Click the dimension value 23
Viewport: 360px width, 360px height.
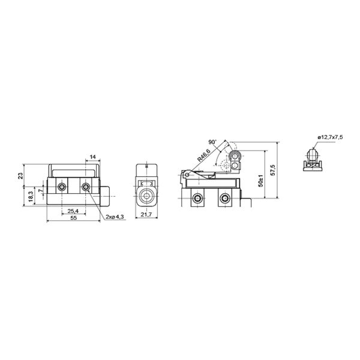point(20,176)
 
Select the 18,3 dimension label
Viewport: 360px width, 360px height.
point(31,197)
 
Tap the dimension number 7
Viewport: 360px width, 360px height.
point(41,190)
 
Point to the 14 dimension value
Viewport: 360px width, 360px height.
point(92,157)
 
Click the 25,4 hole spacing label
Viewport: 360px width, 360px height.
point(73,211)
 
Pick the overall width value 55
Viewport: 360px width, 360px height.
point(73,218)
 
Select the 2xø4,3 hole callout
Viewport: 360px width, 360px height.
point(115,217)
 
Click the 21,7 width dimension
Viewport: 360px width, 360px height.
point(146,215)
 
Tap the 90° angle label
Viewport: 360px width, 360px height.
point(212,142)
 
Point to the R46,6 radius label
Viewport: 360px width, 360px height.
point(203,155)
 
